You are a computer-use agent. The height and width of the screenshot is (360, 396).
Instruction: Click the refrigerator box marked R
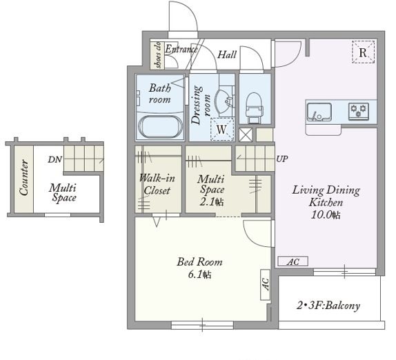[x=363, y=52]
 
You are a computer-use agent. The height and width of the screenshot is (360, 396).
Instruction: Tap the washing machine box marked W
[x=222, y=129]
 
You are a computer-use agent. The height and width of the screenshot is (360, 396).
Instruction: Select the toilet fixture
[x=255, y=108]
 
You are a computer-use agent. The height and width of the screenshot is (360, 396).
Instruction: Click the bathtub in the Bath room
[x=160, y=127]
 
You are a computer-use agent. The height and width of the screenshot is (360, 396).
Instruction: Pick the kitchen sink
[x=319, y=112]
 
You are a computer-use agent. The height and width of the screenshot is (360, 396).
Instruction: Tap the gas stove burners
[x=359, y=111]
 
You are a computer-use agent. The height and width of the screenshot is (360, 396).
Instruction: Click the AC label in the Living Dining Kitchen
[x=293, y=261]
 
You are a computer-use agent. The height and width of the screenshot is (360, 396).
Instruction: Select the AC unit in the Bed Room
[x=266, y=285]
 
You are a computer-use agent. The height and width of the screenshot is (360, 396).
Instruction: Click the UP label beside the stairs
[x=282, y=159]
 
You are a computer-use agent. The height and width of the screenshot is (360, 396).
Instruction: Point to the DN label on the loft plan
[x=55, y=159]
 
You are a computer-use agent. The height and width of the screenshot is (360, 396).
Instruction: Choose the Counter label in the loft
[x=24, y=177]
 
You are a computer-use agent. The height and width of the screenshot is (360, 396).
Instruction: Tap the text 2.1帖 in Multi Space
[x=212, y=202]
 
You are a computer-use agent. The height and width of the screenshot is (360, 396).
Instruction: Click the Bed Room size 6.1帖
[x=199, y=274]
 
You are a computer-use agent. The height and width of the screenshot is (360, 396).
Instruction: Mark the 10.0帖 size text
[x=326, y=214]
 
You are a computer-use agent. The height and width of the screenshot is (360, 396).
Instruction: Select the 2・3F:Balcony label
[x=328, y=306]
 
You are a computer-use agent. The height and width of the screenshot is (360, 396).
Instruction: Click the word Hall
[x=227, y=54]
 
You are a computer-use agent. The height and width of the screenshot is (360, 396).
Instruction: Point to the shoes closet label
[x=158, y=54]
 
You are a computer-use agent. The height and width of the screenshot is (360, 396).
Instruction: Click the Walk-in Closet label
[x=157, y=184]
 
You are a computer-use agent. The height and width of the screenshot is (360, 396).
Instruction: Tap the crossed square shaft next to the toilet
[x=246, y=134]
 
